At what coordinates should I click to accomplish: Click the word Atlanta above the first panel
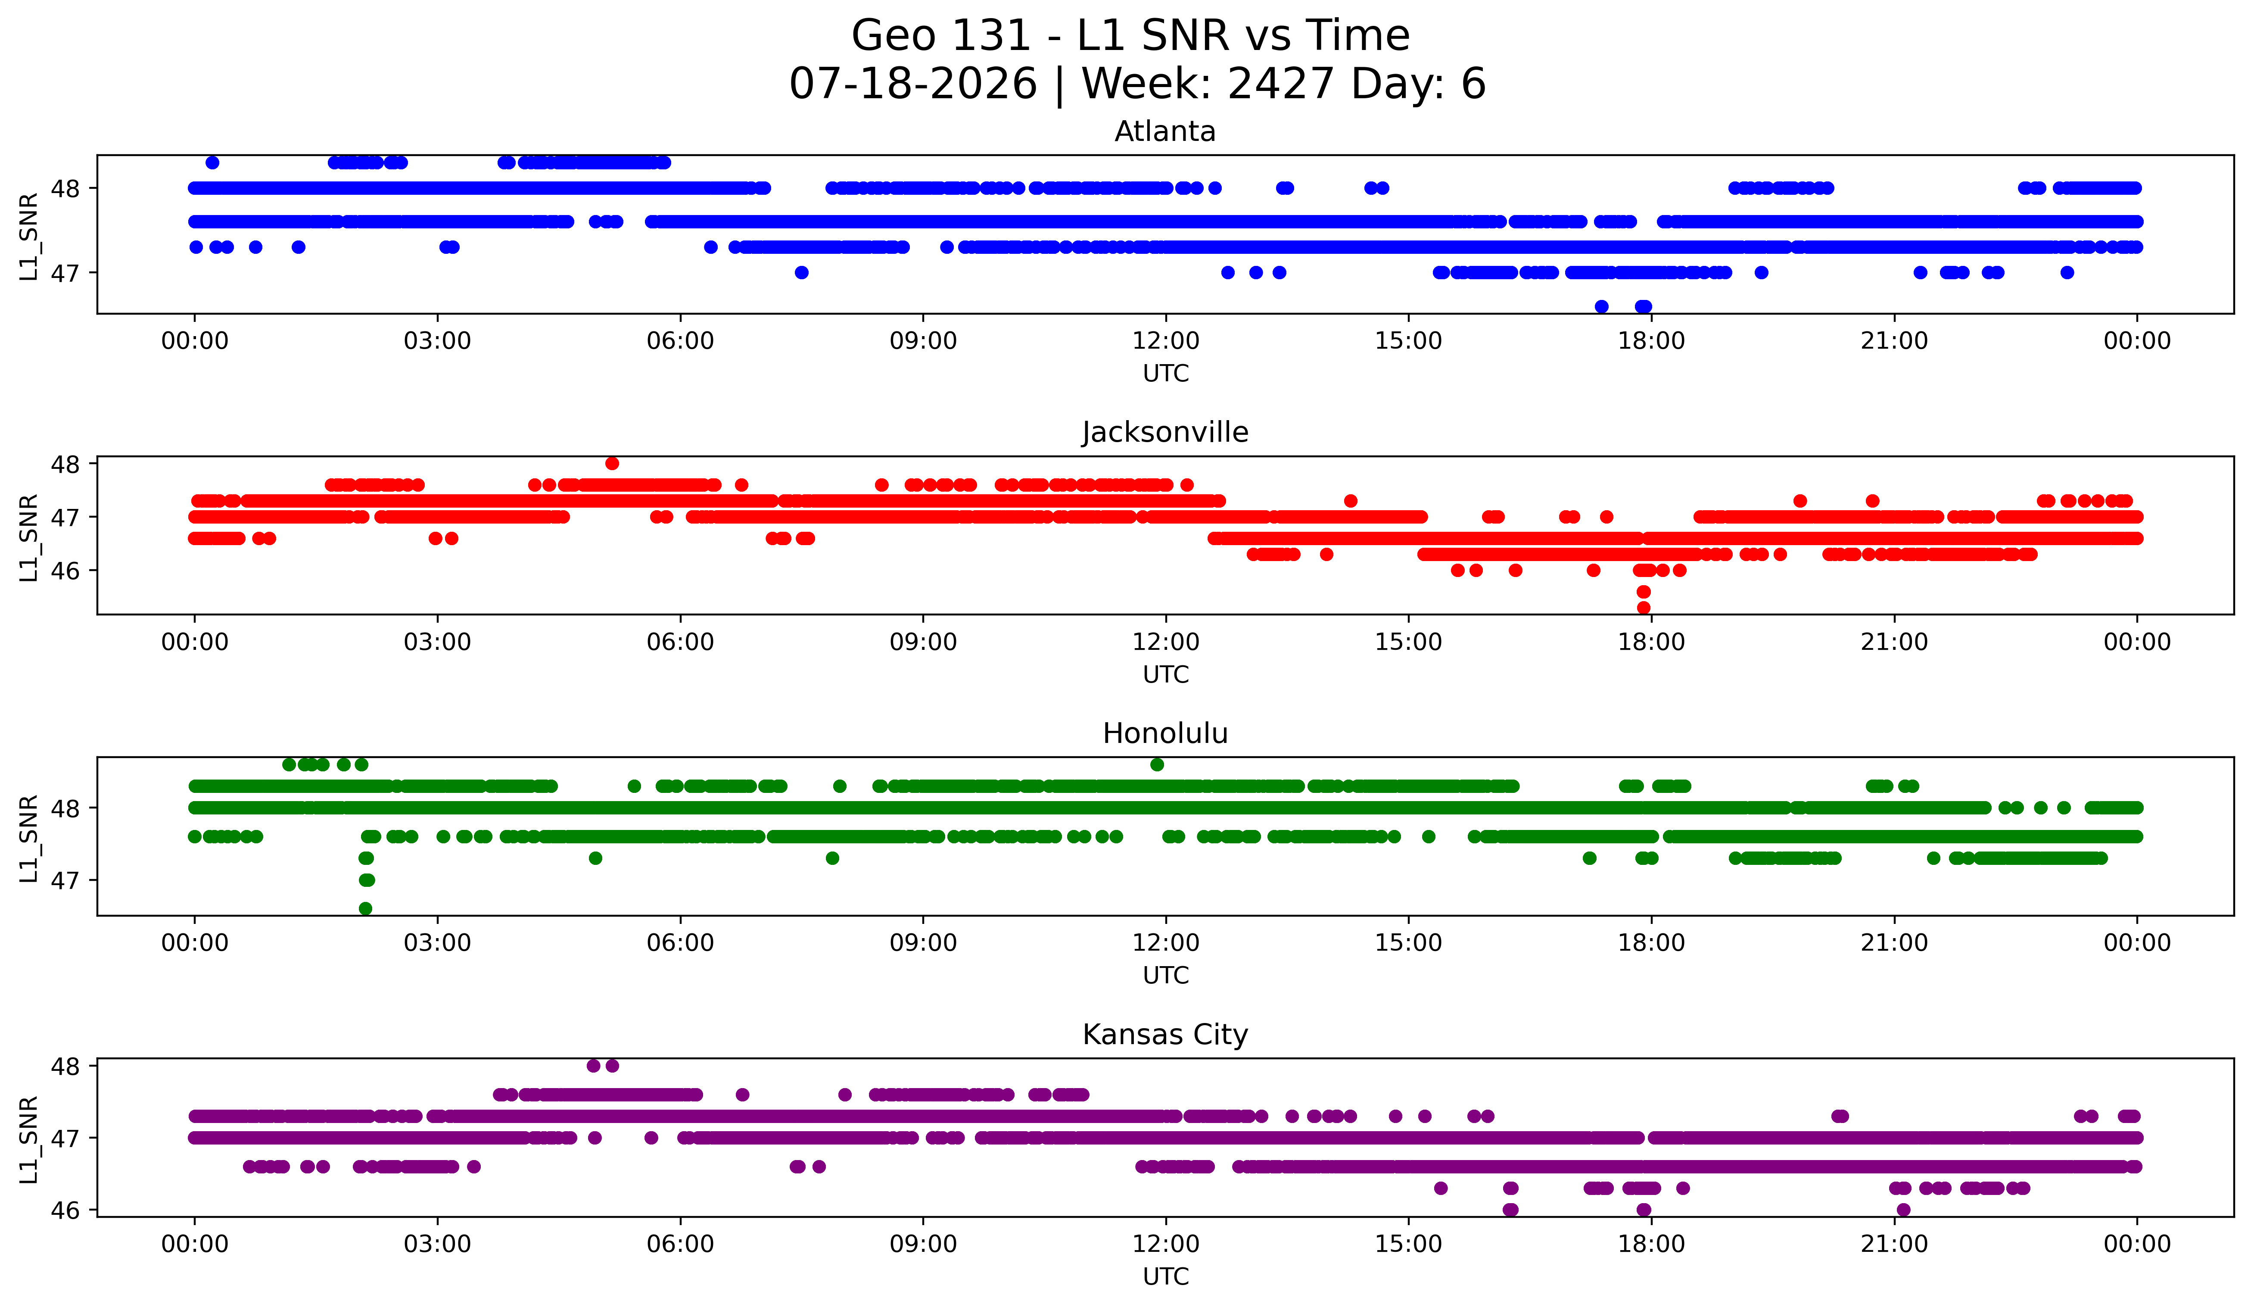click(1165, 131)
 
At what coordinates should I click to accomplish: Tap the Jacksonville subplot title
click(1165, 432)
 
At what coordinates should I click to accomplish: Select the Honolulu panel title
click(1165, 733)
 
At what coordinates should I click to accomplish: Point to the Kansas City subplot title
click(1165, 1035)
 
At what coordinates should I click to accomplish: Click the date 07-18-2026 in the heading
click(913, 84)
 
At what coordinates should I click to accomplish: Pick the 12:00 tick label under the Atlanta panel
click(1166, 340)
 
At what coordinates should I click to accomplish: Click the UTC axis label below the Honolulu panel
click(1166, 975)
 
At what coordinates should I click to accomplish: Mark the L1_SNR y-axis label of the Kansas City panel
click(28, 1139)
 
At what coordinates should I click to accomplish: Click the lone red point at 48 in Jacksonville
click(612, 463)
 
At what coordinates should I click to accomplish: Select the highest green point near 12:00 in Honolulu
click(1157, 764)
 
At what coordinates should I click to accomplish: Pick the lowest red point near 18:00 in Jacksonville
click(1644, 608)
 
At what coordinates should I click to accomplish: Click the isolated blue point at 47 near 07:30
click(801, 272)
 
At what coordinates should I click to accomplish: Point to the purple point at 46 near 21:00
click(1903, 1210)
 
